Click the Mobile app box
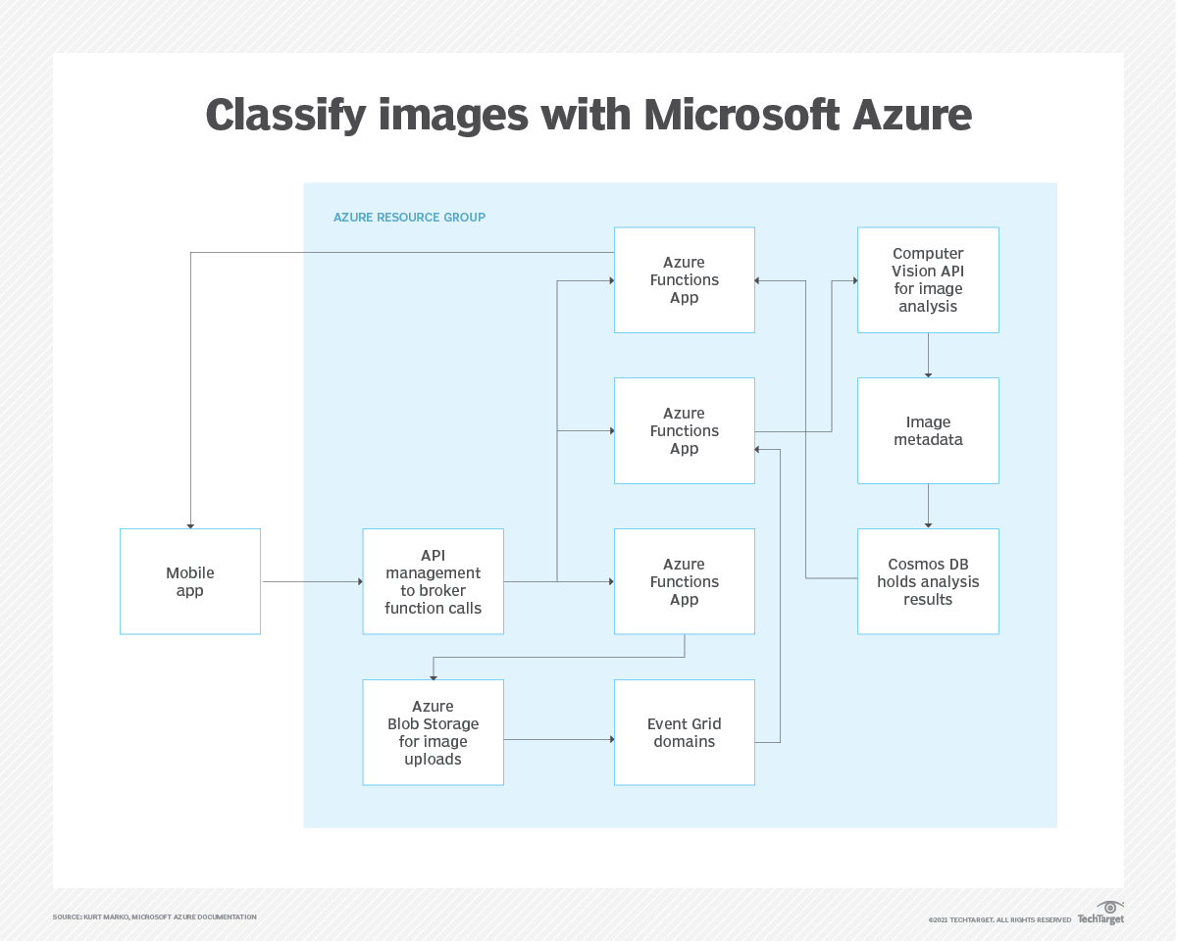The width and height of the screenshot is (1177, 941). click(x=190, y=581)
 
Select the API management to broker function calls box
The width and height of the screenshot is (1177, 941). click(x=433, y=581)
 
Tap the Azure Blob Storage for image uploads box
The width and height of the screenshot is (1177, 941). click(x=433, y=732)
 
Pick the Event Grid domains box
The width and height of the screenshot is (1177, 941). click(x=684, y=732)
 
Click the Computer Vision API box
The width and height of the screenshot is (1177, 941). click(x=928, y=280)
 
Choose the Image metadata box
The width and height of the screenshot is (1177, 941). click(x=928, y=430)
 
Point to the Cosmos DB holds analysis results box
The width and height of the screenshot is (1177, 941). click(x=928, y=581)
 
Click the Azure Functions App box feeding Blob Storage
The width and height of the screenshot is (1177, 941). click(x=684, y=581)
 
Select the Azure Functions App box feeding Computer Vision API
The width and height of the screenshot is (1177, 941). click(x=684, y=430)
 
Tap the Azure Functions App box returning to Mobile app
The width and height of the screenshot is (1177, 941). click(x=684, y=280)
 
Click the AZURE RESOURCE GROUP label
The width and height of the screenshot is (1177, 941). click(x=409, y=218)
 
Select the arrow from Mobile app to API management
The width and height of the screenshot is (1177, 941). click(x=312, y=582)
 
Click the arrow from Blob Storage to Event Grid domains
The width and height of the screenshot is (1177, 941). click(x=559, y=739)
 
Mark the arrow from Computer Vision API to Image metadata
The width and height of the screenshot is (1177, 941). click(x=928, y=356)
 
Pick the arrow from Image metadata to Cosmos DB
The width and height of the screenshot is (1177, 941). click(x=928, y=507)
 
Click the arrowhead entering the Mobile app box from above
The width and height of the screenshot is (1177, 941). click(x=190, y=524)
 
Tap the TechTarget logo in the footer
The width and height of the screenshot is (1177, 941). click(x=1100, y=915)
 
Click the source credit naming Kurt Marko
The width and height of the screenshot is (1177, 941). click(x=154, y=917)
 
